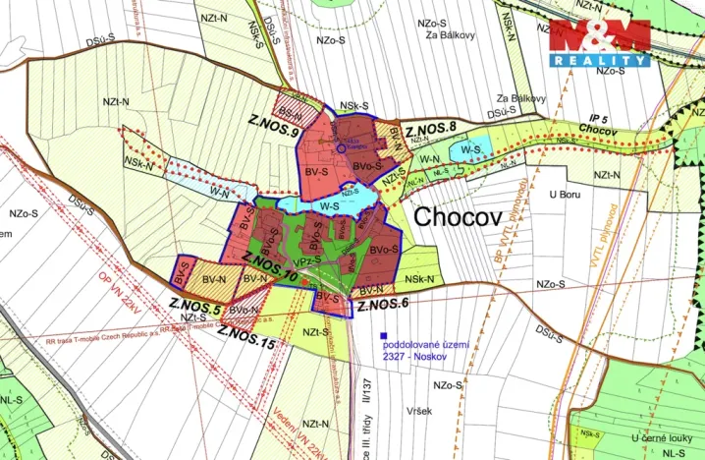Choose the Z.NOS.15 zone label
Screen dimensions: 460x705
pyautogui.click(x=245, y=340)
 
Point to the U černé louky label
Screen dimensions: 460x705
pyautogui.click(x=659, y=436)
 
